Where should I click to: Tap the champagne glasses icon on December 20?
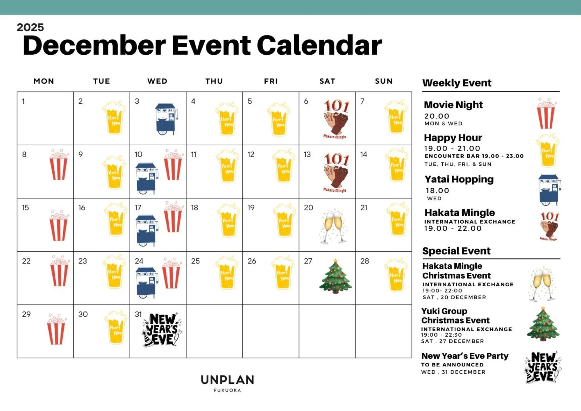(333, 226)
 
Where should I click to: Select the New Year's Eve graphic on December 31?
(162, 330)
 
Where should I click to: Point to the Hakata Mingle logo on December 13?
(336, 172)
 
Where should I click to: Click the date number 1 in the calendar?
(23, 101)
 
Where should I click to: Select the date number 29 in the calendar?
(26, 314)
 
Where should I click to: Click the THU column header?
(214, 81)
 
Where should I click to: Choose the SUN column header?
(384, 81)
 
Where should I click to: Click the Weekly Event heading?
(457, 83)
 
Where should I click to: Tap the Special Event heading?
(456, 251)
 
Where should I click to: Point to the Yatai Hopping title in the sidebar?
(459, 179)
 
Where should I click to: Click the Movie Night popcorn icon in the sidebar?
(546, 114)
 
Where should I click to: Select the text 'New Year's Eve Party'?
(465, 356)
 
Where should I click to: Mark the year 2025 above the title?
(30, 27)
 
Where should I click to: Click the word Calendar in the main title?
(319, 45)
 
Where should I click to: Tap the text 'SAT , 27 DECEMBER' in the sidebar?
(453, 341)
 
